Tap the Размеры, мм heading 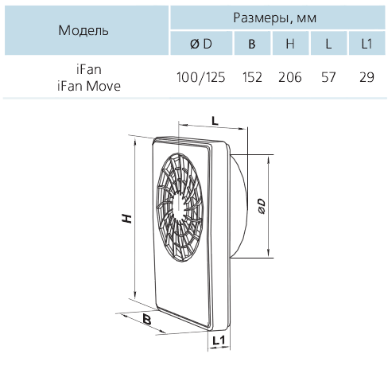pos(275,17)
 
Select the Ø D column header pos(201,44)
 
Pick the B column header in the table pos(252,44)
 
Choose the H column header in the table pos(290,44)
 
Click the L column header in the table pos(328,44)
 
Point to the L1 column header pos(367,44)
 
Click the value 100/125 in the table pos(201,77)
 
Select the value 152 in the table pos(252,77)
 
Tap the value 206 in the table pos(290,77)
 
